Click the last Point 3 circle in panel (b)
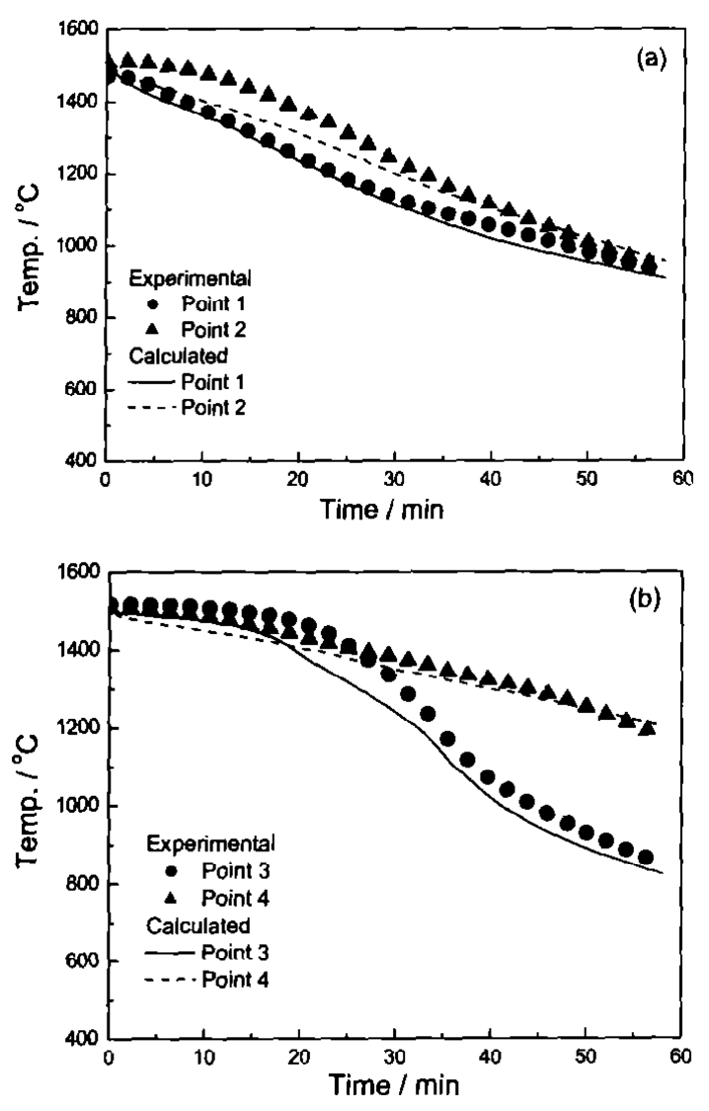(646, 857)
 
